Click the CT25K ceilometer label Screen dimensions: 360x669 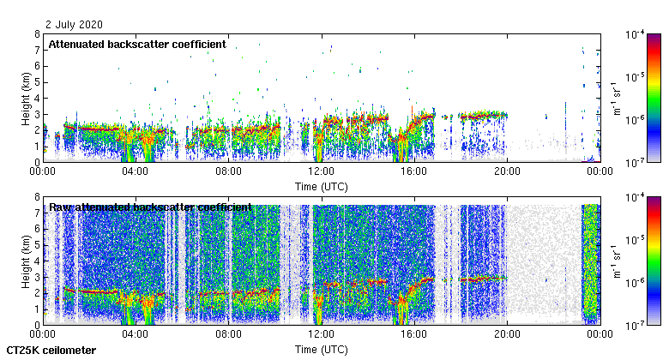pos(51,351)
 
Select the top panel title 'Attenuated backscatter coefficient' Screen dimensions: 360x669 pos(137,44)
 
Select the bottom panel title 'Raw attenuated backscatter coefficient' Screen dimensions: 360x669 pos(150,207)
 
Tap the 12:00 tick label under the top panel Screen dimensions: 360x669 pos(321,171)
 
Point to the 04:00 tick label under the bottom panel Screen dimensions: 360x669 pos(136,334)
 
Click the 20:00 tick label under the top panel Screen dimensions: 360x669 pos(506,171)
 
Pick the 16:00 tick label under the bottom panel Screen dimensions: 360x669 pos(413,334)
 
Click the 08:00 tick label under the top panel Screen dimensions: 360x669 pos(228,171)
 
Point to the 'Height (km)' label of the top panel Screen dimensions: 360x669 pos(25,98)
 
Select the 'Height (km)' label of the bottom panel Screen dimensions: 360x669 pos(25,261)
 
